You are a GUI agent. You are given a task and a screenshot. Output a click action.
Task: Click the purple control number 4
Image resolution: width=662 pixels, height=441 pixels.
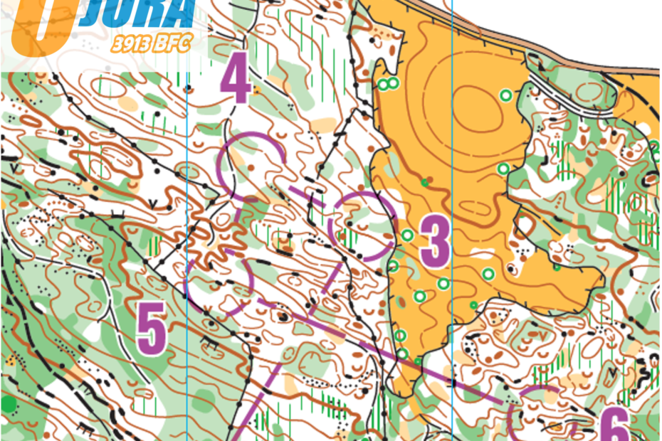click(236, 82)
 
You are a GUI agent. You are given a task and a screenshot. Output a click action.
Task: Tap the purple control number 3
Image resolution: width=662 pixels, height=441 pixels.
click(434, 240)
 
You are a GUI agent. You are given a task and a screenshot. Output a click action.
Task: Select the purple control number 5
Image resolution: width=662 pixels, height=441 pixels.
click(152, 328)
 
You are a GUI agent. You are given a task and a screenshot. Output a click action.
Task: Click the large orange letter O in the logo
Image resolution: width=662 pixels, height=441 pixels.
click(41, 25)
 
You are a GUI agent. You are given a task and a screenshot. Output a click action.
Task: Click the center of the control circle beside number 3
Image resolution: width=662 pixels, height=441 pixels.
click(362, 226)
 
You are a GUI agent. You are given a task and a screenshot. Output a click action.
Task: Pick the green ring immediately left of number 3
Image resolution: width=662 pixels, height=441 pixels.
click(408, 235)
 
